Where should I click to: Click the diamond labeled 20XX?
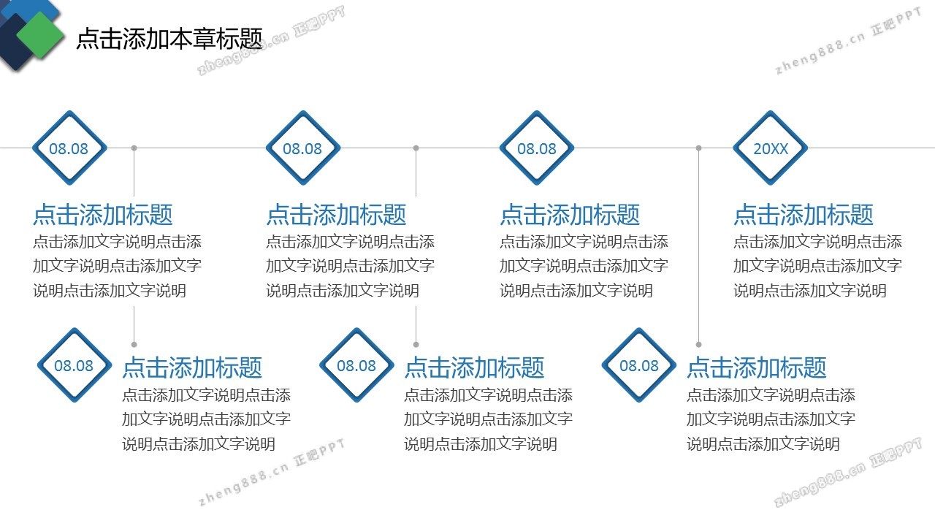770,148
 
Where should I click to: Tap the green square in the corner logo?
40,35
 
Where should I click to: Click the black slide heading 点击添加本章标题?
169,39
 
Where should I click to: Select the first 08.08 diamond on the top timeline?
69,148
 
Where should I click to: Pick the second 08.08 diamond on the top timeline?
303,148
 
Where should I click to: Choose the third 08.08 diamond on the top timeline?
537,148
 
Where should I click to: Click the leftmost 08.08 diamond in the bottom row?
75,365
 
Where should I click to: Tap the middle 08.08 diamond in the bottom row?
357,365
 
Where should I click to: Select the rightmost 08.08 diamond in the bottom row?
639,365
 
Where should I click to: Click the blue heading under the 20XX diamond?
804,215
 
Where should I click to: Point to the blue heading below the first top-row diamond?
103,215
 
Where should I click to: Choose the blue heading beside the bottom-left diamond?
192,367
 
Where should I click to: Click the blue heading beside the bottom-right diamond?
757,367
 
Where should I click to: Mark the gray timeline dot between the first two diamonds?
134,148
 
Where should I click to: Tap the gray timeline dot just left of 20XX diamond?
699,148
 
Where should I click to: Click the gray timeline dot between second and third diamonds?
416,148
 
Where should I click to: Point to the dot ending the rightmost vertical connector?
699,344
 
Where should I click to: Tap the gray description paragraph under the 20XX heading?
817,266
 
